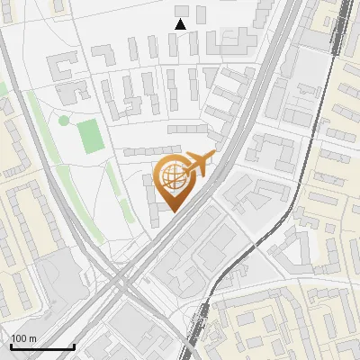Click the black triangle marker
pyautogui.click(x=180, y=24)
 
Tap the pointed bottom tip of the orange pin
pyautogui.click(x=171, y=211)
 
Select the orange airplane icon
pyautogui.click(x=200, y=163)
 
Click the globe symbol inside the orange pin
pyautogui.click(x=171, y=175)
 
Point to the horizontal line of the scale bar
pyautogui.click(x=42, y=346)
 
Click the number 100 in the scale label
pyautogui.click(x=20, y=338)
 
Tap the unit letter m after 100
pyautogui.click(x=33, y=338)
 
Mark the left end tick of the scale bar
pyautogui.click(x=11, y=345)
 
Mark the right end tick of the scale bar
pyautogui.click(x=74, y=345)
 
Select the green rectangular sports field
pyautogui.click(x=90, y=136)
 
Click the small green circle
pyautogui.click(x=63, y=120)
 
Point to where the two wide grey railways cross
pyautogui.click(x=121, y=286)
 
